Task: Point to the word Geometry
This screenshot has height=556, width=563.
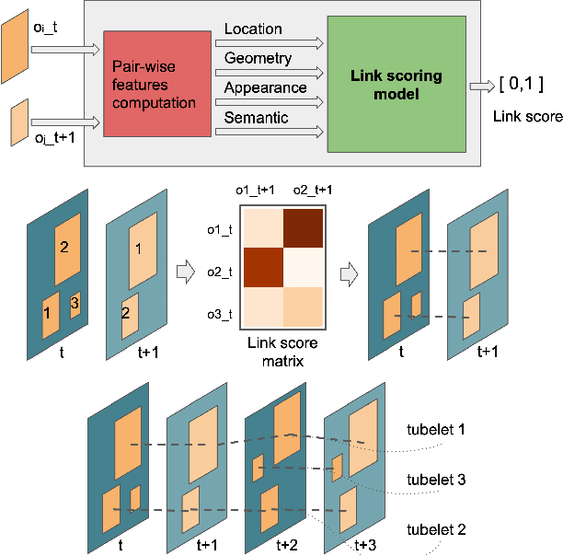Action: (x=259, y=59)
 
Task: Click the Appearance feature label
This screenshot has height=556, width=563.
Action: (x=265, y=87)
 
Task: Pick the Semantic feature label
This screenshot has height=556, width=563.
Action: (x=256, y=117)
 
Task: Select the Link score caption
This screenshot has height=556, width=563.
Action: (x=521, y=116)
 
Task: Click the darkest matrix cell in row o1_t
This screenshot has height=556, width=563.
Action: (x=304, y=226)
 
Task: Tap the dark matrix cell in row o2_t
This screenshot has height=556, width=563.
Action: (x=261, y=267)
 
